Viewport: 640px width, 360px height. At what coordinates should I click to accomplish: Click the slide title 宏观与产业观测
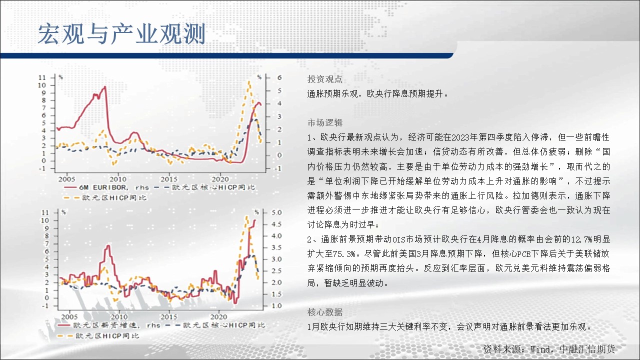click(x=121, y=34)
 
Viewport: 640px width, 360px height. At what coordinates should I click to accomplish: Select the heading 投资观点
click(x=325, y=79)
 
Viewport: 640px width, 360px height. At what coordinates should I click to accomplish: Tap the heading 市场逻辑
click(x=325, y=122)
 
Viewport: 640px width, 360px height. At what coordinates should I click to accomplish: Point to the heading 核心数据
click(x=325, y=312)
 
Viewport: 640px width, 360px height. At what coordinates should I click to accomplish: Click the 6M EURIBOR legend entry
click(x=106, y=187)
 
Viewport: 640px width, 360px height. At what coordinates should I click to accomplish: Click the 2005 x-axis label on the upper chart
click(x=66, y=179)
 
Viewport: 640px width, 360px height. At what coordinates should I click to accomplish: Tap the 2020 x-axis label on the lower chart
click(x=218, y=317)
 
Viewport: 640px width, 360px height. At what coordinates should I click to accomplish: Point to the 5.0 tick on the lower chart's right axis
click(x=276, y=212)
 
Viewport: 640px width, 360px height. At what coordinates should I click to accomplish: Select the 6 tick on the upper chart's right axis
click(x=279, y=77)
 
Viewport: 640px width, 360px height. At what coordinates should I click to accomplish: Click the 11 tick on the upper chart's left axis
click(x=42, y=77)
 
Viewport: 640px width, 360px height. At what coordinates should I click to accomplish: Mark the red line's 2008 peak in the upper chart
click(x=105, y=86)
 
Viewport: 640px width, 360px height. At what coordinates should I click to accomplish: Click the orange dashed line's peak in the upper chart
click(x=249, y=81)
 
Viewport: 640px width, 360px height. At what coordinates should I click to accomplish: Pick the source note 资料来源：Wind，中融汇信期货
click(x=549, y=349)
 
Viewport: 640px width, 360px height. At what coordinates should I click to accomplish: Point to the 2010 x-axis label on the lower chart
click(x=119, y=317)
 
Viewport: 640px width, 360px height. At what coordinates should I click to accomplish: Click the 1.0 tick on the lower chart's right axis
click(x=276, y=305)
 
